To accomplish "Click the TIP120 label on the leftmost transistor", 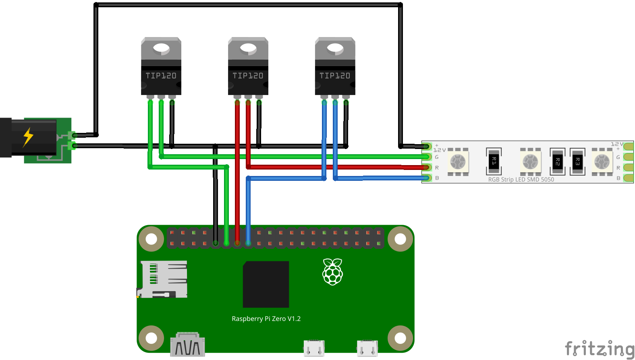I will [161, 76].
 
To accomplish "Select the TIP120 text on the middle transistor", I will [248, 76].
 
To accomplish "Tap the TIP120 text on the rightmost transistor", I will [335, 76].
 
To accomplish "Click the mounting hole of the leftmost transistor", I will [161, 49].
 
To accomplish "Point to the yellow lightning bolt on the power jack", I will [28, 137].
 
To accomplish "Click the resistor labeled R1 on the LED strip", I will [494, 161].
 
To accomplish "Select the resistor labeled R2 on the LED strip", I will [557, 161].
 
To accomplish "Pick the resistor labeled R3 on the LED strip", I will [577, 161].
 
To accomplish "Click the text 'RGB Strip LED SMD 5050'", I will [521, 180].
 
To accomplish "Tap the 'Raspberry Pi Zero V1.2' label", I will [266, 319].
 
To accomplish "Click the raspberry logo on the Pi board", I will [332, 272].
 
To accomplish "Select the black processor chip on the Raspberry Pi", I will [266, 284].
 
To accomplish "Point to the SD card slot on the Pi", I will [162, 279].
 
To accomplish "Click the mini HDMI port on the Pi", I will [187, 345].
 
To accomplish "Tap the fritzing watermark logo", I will [599, 349].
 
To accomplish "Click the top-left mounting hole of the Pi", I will [151, 239].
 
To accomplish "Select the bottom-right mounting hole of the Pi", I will [400, 338].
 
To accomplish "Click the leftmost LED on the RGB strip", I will [458, 162].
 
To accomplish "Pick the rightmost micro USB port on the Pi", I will [367, 348].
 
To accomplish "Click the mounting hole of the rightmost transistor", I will [335, 49].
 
